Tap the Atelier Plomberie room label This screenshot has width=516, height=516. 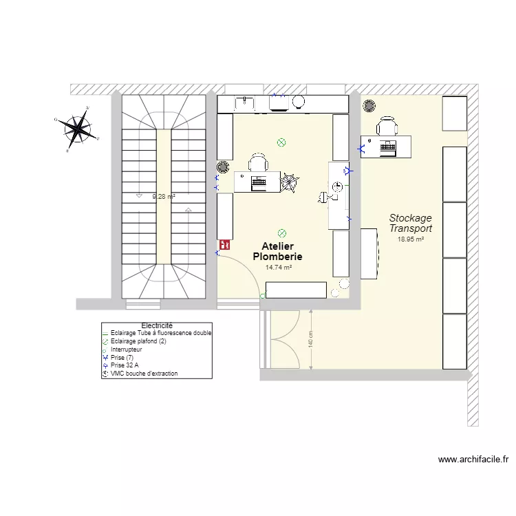pyautogui.click(x=277, y=251)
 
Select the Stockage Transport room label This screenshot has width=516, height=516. pyautogui.click(x=411, y=224)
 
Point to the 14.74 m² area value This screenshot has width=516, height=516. pyautogui.click(x=278, y=268)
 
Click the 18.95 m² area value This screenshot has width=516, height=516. pyautogui.click(x=411, y=239)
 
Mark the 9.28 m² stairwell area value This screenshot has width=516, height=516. pyautogui.click(x=164, y=197)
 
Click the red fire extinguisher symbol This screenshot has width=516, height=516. pyautogui.click(x=224, y=244)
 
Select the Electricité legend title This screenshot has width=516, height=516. pyautogui.click(x=156, y=325)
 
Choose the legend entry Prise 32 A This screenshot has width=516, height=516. pyautogui.click(x=125, y=365)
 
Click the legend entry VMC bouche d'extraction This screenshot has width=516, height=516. pyautogui.click(x=144, y=374)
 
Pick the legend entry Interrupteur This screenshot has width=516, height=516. pyautogui.click(x=127, y=350)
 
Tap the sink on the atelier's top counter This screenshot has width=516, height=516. pyautogui.click(x=244, y=104)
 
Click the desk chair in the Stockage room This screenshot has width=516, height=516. pyautogui.click(x=387, y=126)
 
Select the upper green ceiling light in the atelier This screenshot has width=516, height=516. pyautogui.click(x=281, y=143)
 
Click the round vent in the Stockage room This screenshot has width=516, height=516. pyautogui.click(x=369, y=106)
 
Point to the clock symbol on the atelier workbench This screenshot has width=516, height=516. pyautogui.click(x=337, y=187)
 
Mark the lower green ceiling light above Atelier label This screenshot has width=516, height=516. pyautogui.click(x=281, y=233)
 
